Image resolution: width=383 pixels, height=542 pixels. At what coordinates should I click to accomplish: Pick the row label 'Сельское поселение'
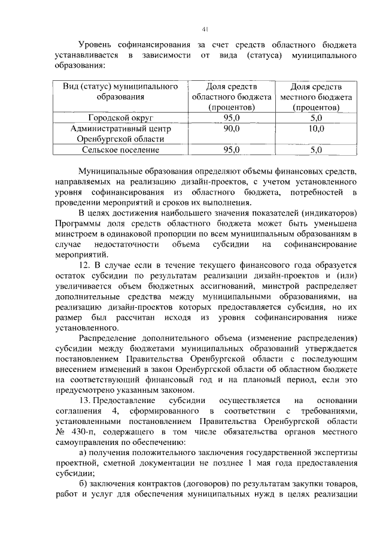[121, 150]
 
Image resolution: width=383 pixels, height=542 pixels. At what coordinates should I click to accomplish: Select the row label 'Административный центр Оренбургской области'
[121, 134]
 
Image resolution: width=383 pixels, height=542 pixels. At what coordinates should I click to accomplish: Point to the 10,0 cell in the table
[317, 128]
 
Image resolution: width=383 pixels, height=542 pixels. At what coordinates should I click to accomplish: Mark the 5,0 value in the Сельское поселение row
[317, 150]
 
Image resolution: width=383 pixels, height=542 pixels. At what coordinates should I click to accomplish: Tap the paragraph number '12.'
[87, 264]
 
